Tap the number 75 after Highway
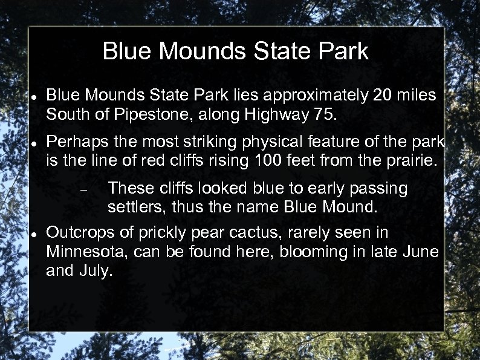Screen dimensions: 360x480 coord(316,113)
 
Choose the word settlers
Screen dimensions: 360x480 coord(136,208)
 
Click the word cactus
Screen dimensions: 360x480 coord(277,233)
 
